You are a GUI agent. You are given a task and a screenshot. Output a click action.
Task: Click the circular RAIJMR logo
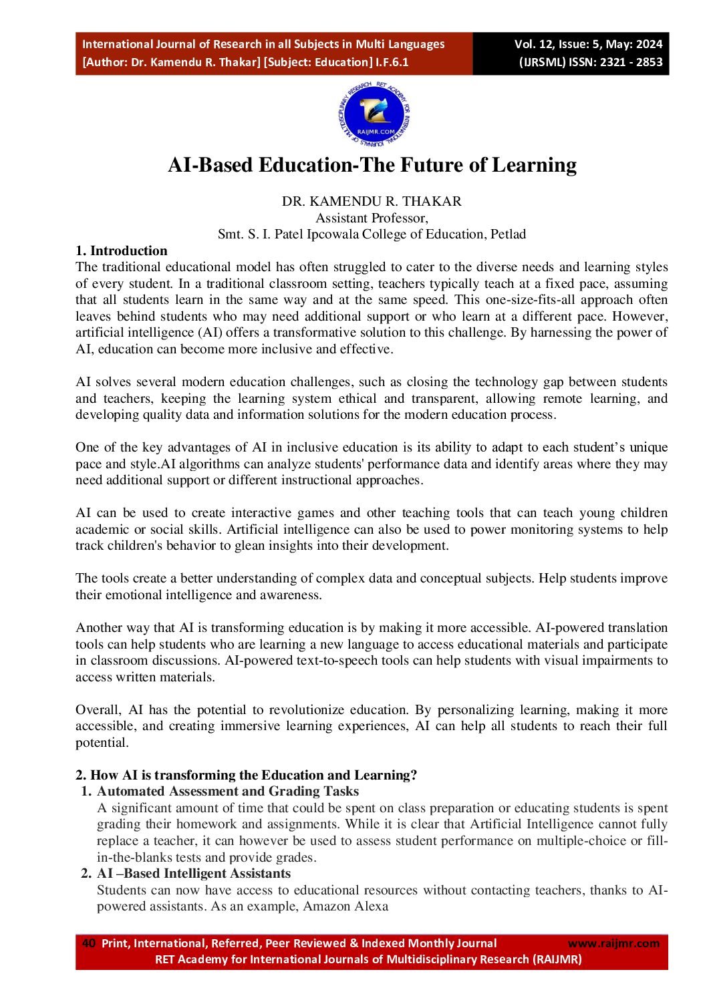[x=374, y=116]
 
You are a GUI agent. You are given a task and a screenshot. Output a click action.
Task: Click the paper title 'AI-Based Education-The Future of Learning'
[x=372, y=165]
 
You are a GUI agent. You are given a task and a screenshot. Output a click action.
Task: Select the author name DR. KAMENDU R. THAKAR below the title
[x=372, y=201]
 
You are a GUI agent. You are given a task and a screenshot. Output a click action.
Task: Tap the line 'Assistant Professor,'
[x=372, y=218]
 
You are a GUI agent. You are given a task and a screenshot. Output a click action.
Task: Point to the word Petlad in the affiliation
[x=509, y=234]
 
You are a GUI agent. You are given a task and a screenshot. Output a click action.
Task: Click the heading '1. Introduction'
[x=122, y=251]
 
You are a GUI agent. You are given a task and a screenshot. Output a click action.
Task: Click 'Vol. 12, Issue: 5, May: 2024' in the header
[x=588, y=44]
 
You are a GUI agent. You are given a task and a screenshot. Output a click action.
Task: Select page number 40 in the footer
[x=88, y=943]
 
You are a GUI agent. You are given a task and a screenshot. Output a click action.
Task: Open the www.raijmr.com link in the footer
[x=613, y=943]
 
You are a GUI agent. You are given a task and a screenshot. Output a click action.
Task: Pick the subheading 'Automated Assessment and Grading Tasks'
[x=228, y=791]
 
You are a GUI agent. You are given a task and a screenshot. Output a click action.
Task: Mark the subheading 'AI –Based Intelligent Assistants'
[x=194, y=873]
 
